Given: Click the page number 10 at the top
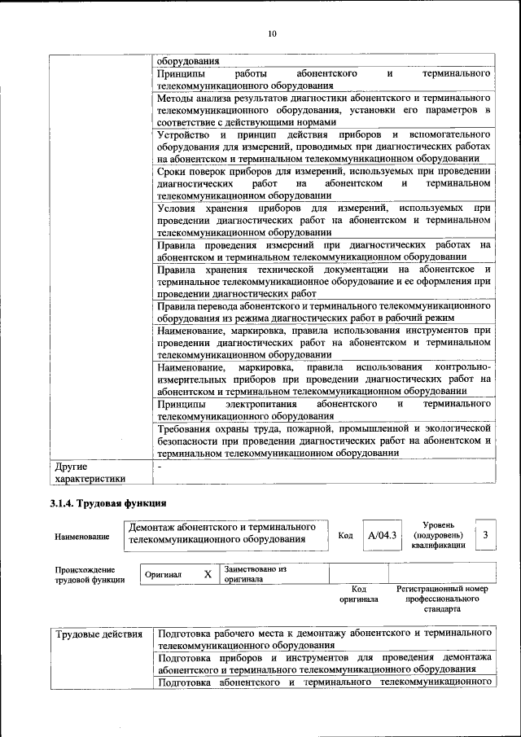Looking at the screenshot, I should [272, 33].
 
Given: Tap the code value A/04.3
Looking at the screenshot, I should [381, 535].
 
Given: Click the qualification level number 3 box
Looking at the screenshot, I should [484, 535].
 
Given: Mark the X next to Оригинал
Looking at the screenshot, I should [208, 574].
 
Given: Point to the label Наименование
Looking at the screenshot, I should [82, 537].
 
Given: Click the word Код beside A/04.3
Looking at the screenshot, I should [345, 535].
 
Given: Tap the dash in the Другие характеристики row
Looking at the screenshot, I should [160, 467].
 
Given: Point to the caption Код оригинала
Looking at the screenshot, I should [358, 594].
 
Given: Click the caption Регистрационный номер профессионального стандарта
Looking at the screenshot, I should [442, 599].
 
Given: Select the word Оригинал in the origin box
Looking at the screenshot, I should [164, 574].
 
